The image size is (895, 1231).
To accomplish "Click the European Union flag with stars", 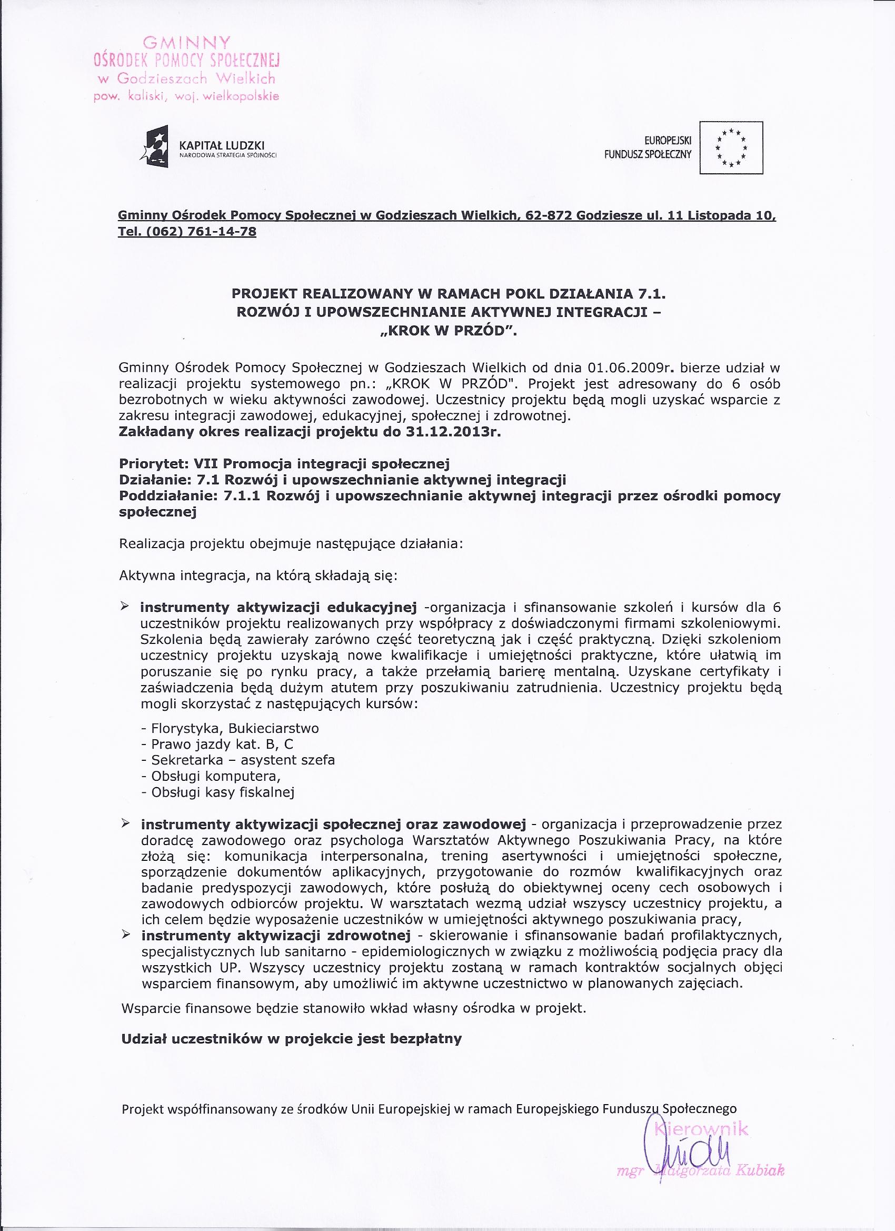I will pyautogui.click(x=731, y=147).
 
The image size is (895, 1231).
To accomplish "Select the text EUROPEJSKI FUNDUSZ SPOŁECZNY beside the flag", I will pyautogui.click(x=648, y=147).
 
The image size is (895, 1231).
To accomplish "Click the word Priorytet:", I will pyautogui.click(x=150, y=463).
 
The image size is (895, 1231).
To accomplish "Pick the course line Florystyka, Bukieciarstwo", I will pyautogui.click(x=230, y=728).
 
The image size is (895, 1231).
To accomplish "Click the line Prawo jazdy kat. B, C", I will pyautogui.click(x=217, y=743).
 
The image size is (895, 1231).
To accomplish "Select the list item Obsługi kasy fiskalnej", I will pyautogui.click(x=217, y=792).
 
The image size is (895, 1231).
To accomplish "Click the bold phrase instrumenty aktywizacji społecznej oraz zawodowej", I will pyautogui.click(x=333, y=825).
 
